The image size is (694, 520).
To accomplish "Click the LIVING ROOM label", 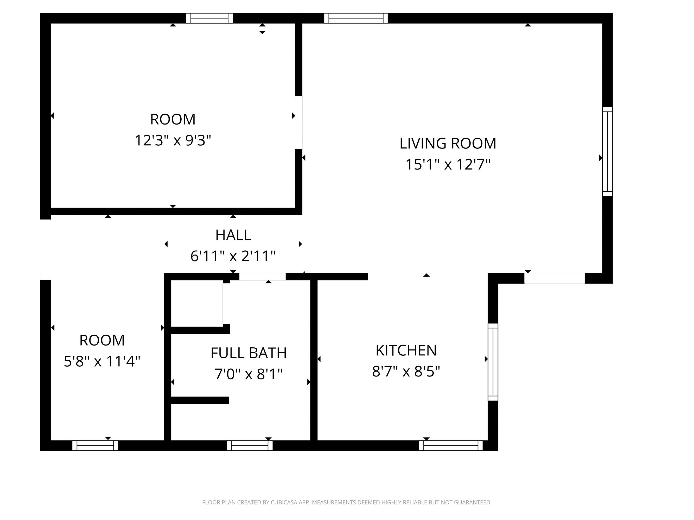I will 448,144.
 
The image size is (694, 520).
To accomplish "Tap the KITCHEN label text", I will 406,350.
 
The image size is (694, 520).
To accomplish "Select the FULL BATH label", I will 249,353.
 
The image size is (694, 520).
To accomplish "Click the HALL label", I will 233,235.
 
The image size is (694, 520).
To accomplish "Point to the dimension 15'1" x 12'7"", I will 448,164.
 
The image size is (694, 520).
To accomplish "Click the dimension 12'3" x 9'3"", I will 173,140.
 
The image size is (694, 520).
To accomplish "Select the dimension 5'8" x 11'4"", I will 102,361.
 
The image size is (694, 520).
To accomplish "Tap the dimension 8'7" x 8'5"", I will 406,372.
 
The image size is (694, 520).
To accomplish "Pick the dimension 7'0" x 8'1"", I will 249,374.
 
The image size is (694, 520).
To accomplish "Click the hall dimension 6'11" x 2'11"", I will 233,256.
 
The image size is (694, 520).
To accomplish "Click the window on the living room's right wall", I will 607,152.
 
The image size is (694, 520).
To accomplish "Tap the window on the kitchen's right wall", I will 493,362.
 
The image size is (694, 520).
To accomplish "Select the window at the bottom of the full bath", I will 250,445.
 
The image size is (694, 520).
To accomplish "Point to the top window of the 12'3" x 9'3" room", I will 209,18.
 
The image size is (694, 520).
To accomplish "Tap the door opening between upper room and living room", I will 299,122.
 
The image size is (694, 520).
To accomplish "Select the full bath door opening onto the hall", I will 262,277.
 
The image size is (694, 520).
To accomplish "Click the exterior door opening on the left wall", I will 46,250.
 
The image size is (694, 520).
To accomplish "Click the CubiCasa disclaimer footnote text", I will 347,502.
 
